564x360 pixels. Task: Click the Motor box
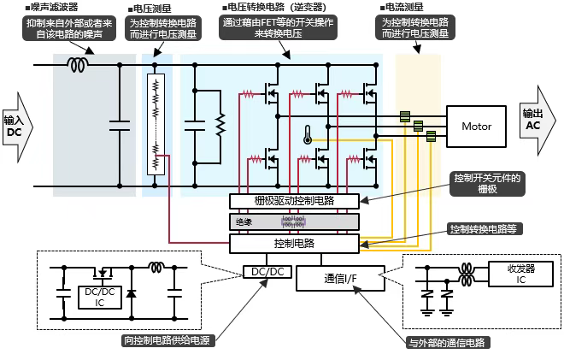476,127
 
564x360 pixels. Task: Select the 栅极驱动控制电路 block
294,201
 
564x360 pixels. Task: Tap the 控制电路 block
294,243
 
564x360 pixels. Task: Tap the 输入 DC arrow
15,126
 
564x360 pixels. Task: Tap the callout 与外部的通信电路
444,342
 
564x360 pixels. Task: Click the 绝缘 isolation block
293,221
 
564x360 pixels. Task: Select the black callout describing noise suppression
70,30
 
